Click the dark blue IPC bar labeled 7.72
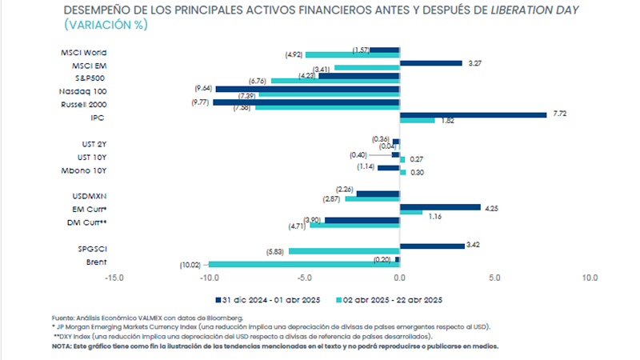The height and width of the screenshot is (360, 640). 473,114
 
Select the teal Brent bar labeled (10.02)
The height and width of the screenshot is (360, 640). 304,264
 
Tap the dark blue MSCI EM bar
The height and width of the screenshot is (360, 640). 430,62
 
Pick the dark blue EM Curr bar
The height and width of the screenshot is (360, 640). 440,207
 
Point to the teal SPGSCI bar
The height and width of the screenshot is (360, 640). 344,251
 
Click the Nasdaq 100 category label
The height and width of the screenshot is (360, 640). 85,91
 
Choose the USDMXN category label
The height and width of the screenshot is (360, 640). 90,196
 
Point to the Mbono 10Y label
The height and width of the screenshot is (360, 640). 86,170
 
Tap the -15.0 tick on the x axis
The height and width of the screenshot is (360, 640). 114,278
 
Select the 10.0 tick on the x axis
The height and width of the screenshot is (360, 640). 590,278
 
